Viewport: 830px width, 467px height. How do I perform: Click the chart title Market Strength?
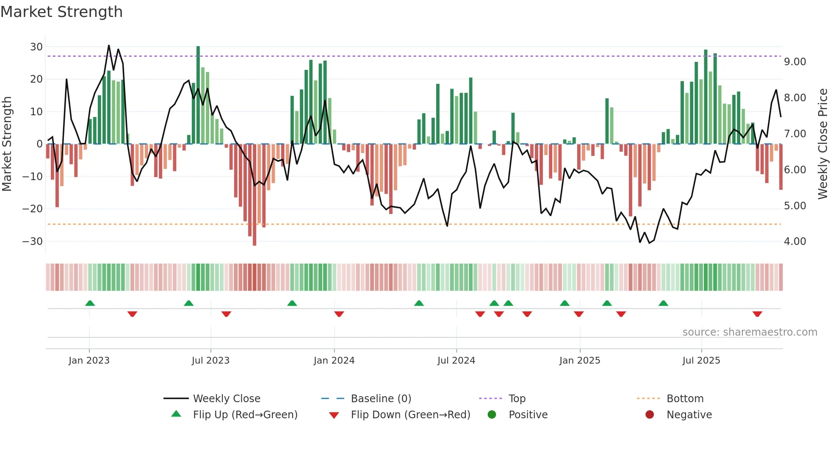[61, 12]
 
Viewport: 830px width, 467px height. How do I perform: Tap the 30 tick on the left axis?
[36, 47]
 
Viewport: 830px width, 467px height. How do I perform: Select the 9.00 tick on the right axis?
[795, 62]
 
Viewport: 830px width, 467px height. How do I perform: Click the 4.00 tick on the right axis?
[795, 242]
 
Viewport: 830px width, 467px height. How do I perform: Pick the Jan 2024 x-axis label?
[334, 361]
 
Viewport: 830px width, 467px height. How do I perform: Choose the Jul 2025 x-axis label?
[701, 361]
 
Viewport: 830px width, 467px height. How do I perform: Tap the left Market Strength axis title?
[7, 144]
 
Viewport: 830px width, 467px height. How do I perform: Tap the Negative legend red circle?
[650, 414]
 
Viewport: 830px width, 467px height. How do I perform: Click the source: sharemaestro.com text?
[750, 332]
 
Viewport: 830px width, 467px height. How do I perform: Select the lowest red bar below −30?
[255, 195]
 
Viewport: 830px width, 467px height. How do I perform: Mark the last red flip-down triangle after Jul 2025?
[757, 314]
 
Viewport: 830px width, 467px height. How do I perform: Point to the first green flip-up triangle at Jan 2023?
[90, 303]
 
